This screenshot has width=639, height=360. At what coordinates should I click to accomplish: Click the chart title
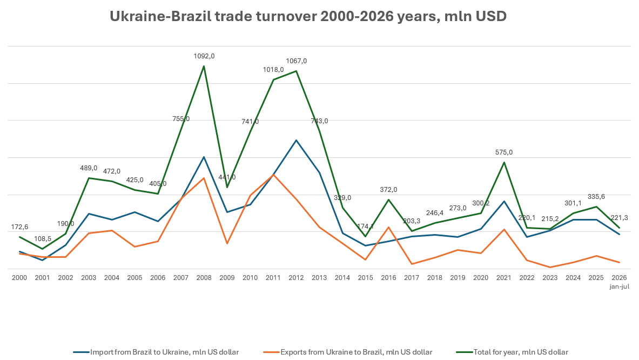click(x=308, y=16)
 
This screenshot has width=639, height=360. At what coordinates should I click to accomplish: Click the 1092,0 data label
click(x=204, y=56)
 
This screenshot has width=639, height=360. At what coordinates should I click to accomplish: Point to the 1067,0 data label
click(x=296, y=61)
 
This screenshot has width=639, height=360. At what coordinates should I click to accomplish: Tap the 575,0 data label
click(x=504, y=152)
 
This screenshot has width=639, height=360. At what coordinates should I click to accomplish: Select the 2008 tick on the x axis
click(x=204, y=278)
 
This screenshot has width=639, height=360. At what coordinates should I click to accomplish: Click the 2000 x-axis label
click(x=19, y=278)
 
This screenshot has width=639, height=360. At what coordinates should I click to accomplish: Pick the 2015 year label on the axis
click(x=366, y=278)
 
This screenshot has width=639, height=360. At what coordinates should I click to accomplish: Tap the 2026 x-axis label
click(x=620, y=278)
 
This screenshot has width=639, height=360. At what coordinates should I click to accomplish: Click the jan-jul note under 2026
click(x=620, y=286)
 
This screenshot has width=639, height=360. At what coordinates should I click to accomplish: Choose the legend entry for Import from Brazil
click(x=156, y=352)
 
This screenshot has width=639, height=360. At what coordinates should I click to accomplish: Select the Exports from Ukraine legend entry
click(x=348, y=352)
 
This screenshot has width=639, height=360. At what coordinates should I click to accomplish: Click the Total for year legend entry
click(x=512, y=352)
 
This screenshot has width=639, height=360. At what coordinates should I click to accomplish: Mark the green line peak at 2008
click(x=204, y=66)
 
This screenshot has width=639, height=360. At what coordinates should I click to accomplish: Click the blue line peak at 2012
click(x=296, y=140)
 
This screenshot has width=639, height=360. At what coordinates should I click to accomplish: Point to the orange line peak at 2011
click(x=273, y=175)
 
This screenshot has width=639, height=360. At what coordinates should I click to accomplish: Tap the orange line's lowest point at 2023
click(x=550, y=268)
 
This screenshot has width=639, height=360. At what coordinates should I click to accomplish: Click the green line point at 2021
click(x=504, y=162)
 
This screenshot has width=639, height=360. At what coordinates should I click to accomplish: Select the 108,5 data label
click(x=42, y=239)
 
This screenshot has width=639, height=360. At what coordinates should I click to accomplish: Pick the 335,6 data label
click(x=596, y=197)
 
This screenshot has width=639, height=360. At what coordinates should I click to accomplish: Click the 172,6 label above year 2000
click(x=19, y=227)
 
